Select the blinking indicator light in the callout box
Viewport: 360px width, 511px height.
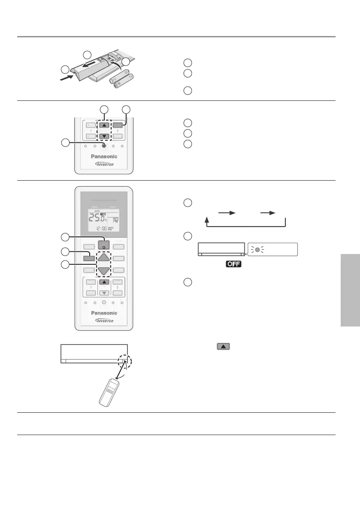point(257,249)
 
